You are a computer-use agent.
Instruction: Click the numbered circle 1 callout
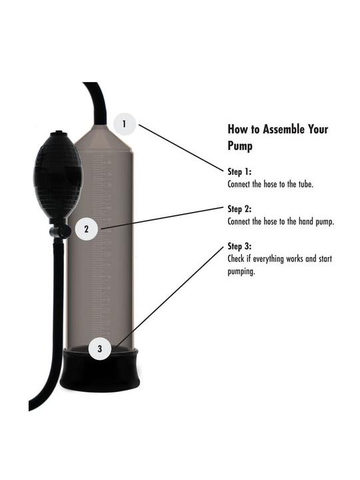point(124,124)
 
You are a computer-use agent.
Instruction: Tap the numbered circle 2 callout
point(87,229)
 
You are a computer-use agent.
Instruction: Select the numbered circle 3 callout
point(100,349)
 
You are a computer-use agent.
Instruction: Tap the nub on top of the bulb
point(57,133)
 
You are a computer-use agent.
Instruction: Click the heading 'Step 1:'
point(239,172)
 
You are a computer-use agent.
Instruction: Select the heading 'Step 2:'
point(239,209)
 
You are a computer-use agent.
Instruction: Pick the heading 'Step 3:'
point(239,246)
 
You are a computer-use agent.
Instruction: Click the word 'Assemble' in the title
point(284,129)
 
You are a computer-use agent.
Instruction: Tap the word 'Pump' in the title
point(240,146)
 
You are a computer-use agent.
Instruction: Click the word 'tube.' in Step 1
point(306,184)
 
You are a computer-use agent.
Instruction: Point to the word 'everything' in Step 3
point(269,259)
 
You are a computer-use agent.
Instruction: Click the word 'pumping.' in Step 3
point(241,271)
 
